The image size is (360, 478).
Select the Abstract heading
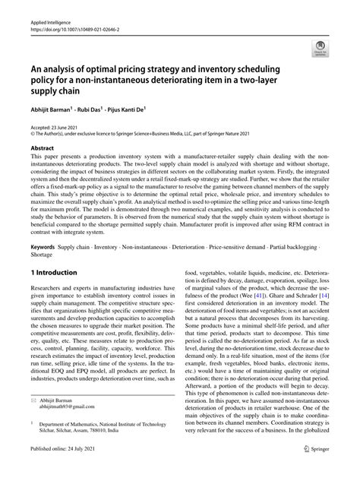(x=43, y=144)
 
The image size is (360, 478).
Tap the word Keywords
(x=44, y=248)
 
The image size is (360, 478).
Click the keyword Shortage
(x=43, y=255)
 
